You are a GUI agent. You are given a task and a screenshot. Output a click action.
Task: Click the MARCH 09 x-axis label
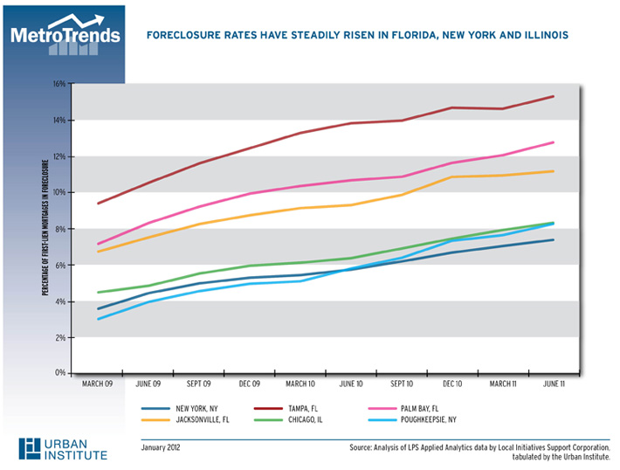pos(97,383)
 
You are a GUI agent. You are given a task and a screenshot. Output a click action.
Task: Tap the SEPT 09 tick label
pos(199,383)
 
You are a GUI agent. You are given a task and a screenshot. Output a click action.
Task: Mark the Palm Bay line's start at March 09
pos(97,244)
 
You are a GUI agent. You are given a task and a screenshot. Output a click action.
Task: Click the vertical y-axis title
pos(45,228)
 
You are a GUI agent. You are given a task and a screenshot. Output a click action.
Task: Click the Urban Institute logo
pos(65,447)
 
